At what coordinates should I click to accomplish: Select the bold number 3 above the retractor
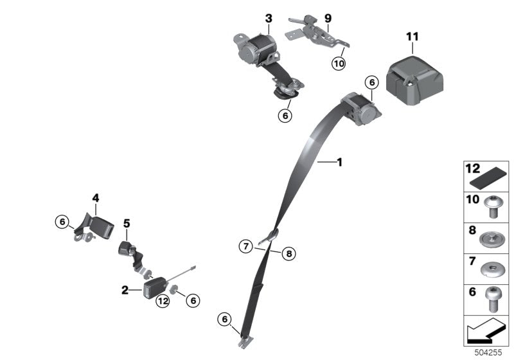pos(268,18)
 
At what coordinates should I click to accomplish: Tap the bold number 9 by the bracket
pos(328,18)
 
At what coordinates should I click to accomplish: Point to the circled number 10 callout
pos(338,63)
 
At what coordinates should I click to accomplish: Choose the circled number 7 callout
pos(245,245)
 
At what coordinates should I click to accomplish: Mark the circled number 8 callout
pos(288,254)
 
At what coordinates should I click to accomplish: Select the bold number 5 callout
pos(127,223)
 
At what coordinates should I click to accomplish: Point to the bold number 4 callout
pos(95,199)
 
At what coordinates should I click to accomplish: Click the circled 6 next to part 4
pos(62,222)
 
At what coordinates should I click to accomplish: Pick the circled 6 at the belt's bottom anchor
pos(224,318)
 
